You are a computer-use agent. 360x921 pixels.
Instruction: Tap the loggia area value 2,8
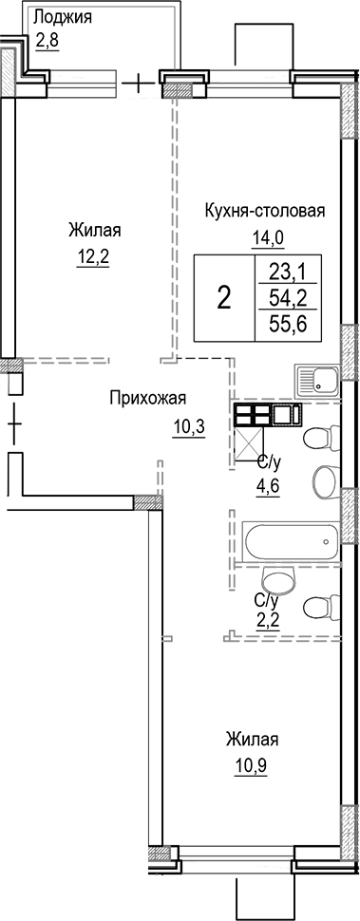click(x=47, y=40)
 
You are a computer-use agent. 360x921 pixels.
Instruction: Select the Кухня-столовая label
click(x=265, y=211)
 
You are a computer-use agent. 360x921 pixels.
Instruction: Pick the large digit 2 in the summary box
click(x=224, y=298)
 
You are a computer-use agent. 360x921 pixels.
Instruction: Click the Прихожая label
click(x=146, y=399)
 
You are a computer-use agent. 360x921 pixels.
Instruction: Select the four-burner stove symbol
click(x=252, y=414)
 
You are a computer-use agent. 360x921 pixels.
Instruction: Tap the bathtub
click(x=291, y=542)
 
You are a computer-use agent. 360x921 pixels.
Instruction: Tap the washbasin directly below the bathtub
click(x=277, y=578)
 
